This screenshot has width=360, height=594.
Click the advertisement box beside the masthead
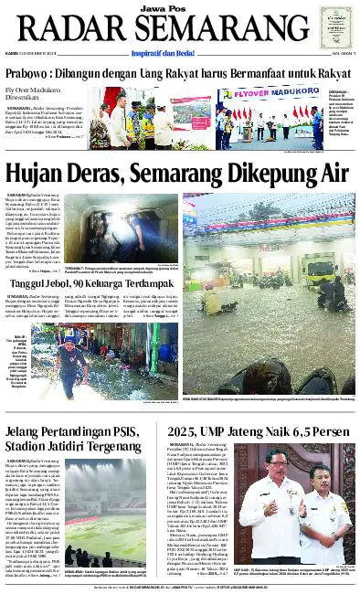[334, 28]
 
